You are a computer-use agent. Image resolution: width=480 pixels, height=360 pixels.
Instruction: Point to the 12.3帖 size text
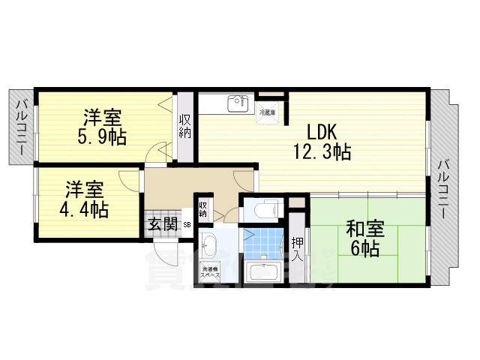322,152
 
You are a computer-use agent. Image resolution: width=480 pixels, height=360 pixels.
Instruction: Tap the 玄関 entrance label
162,223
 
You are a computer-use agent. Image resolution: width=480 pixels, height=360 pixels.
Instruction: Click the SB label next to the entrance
187,223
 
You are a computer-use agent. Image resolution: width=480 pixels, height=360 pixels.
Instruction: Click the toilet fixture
262,206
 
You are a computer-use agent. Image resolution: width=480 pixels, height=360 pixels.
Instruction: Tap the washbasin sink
208,244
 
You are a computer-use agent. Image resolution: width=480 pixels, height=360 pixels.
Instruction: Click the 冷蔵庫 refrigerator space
268,112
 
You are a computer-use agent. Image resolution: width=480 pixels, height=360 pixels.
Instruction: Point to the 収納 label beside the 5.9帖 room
184,126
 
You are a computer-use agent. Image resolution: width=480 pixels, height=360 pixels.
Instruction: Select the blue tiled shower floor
256,238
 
